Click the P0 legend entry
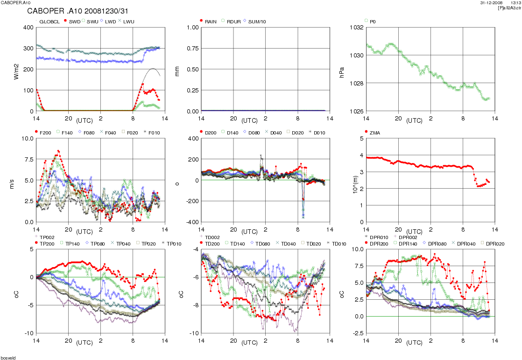(x=372, y=21)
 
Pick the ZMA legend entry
(x=375, y=133)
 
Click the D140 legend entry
(x=232, y=133)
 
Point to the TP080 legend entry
(x=97, y=243)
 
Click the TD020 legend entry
(x=310, y=243)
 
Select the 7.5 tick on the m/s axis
(x=28, y=159)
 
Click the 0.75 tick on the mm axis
(x=191, y=49)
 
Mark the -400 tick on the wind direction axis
(x=191, y=222)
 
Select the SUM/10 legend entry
(x=258, y=21)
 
